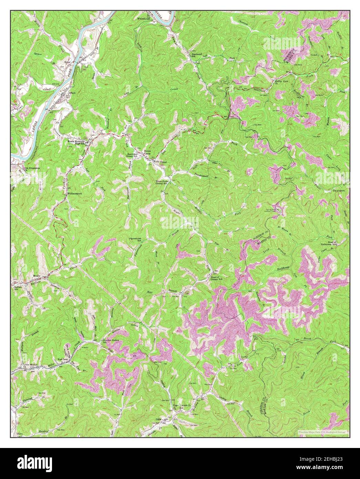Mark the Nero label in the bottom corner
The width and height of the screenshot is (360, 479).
point(21,433)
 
